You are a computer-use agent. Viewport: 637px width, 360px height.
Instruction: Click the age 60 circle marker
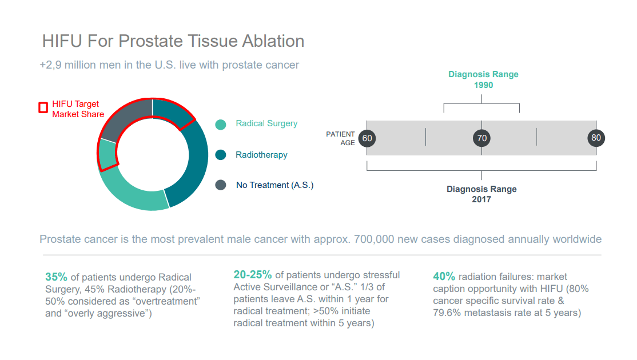point(367,138)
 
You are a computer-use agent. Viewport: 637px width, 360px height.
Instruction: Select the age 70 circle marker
point(482,138)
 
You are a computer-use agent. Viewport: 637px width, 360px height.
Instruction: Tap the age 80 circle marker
point(596,138)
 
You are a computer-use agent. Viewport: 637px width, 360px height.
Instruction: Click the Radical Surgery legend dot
point(221,125)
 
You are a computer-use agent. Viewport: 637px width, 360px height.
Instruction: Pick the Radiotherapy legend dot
point(221,155)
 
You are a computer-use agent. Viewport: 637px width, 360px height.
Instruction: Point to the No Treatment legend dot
point(221,185)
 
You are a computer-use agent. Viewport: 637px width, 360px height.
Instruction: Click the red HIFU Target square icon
point(43,107)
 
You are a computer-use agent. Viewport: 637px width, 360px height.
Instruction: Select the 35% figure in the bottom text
point(56,277)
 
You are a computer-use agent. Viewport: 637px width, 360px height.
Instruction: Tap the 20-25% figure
point(252,275)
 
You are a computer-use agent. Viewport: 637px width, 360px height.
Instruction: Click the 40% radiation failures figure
point(444,277)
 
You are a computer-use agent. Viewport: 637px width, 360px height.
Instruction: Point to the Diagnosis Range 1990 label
point(483,79)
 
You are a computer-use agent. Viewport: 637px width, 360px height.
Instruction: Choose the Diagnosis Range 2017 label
point(481,194)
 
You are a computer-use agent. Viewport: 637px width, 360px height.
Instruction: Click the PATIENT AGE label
point(340,138)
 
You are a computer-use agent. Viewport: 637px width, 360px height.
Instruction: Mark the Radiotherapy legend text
point(261,155)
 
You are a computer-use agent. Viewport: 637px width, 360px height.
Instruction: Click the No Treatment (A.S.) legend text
point(274,185)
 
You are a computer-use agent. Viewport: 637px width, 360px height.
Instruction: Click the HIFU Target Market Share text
point(78,109)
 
